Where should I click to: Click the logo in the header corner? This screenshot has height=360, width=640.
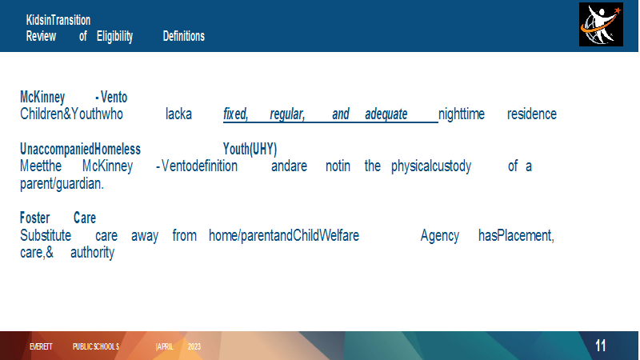click(601, 25)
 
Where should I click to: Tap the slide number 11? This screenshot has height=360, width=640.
click(601, 346)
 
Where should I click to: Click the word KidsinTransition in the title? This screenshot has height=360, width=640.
click(58, 20)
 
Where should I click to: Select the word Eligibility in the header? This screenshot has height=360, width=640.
click(114, 36)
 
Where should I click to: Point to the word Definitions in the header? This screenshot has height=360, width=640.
click(184, 36)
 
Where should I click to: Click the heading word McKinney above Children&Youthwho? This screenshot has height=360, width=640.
click(42, 97)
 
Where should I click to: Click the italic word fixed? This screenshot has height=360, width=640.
click(235, 114)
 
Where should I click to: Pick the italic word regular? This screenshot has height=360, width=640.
click(287, 114)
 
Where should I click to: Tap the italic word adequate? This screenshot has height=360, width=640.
click(386, 114)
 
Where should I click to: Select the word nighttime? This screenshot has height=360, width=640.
click(462, 114)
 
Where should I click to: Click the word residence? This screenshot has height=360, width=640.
click(532, 114)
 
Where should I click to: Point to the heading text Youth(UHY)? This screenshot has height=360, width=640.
click(250, 150)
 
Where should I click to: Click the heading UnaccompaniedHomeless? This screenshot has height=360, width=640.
click(81, 149)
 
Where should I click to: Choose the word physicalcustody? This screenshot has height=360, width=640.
click(431, 166)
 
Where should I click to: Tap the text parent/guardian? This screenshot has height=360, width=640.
click(62, 184)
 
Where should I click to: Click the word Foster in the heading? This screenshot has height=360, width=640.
click(35, 218)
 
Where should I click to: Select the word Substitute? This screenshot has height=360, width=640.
click(46, 235)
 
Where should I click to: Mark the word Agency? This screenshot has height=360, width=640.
click(440, 236)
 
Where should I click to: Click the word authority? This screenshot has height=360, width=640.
click(92, 253)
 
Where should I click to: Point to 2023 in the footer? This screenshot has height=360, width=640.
click(194, 346)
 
